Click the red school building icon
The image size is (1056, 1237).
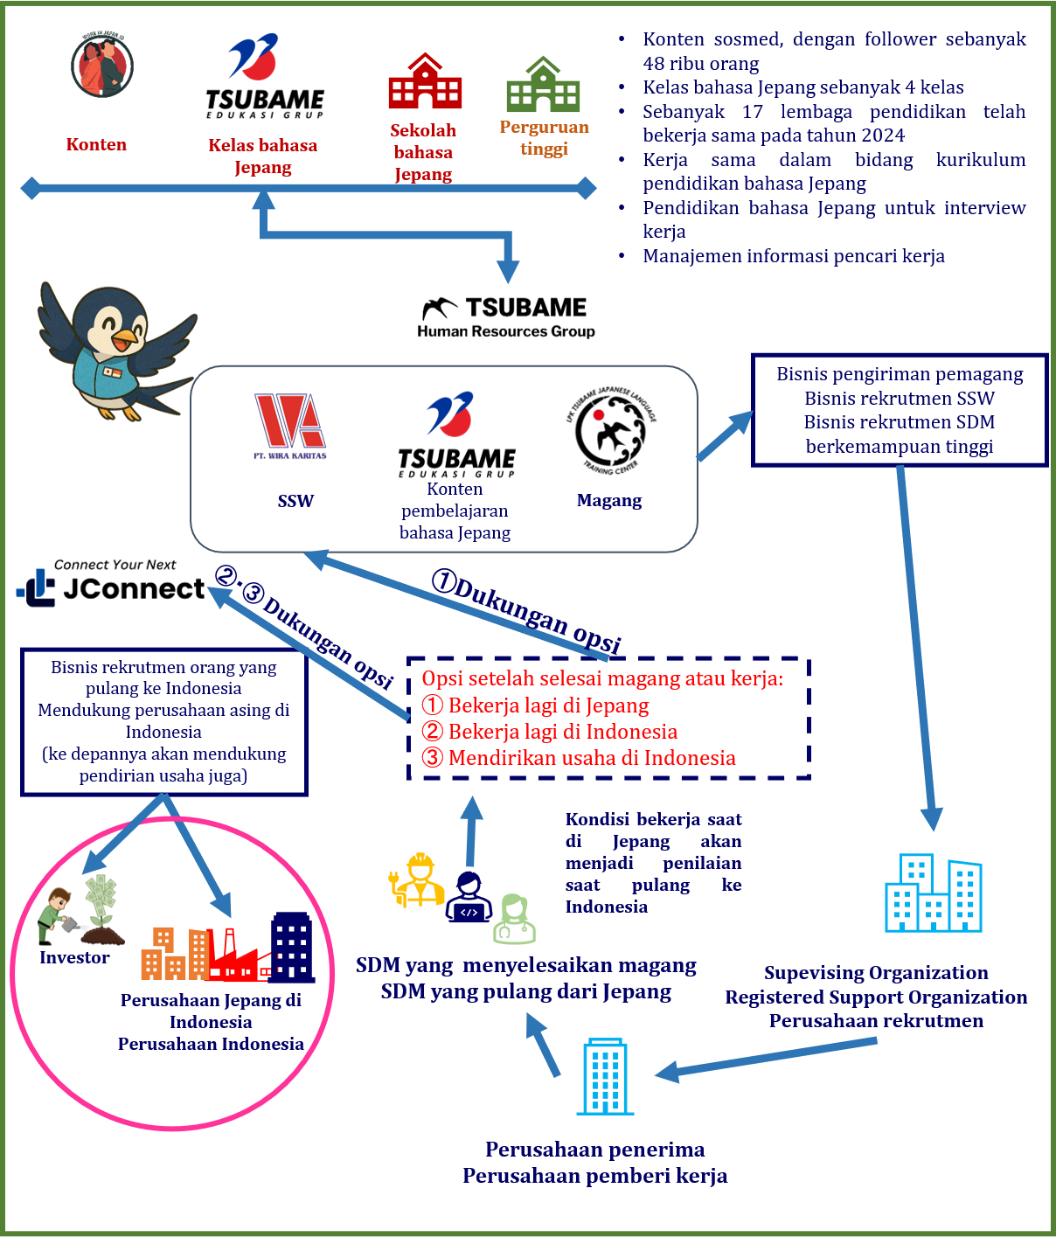[425, 82]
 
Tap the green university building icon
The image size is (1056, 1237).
[543, 86]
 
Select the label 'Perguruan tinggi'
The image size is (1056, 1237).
[544, 137]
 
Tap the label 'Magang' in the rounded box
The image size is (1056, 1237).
[609, 501]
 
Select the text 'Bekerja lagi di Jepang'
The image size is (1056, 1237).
[548, 705]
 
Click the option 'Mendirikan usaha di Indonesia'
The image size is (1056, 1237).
[592, 758]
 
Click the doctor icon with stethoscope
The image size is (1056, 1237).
[514, 919]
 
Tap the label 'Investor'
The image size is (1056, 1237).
[75, 957]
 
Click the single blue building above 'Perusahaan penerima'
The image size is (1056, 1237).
[605, 1077]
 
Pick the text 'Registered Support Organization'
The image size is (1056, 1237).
[876, 997]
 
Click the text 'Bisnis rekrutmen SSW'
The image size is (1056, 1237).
[900, 399]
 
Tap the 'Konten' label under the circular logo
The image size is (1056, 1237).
[96, 144]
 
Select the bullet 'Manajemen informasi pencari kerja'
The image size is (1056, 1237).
[794, 256]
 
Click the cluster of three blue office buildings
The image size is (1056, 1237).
[933, 893]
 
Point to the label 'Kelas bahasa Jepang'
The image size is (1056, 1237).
[262, 156]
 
